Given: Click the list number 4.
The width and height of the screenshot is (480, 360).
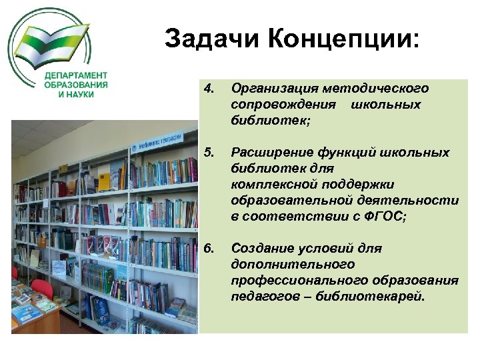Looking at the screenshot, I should coord(209,89).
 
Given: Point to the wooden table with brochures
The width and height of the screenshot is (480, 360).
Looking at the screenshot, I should coord(33,313).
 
